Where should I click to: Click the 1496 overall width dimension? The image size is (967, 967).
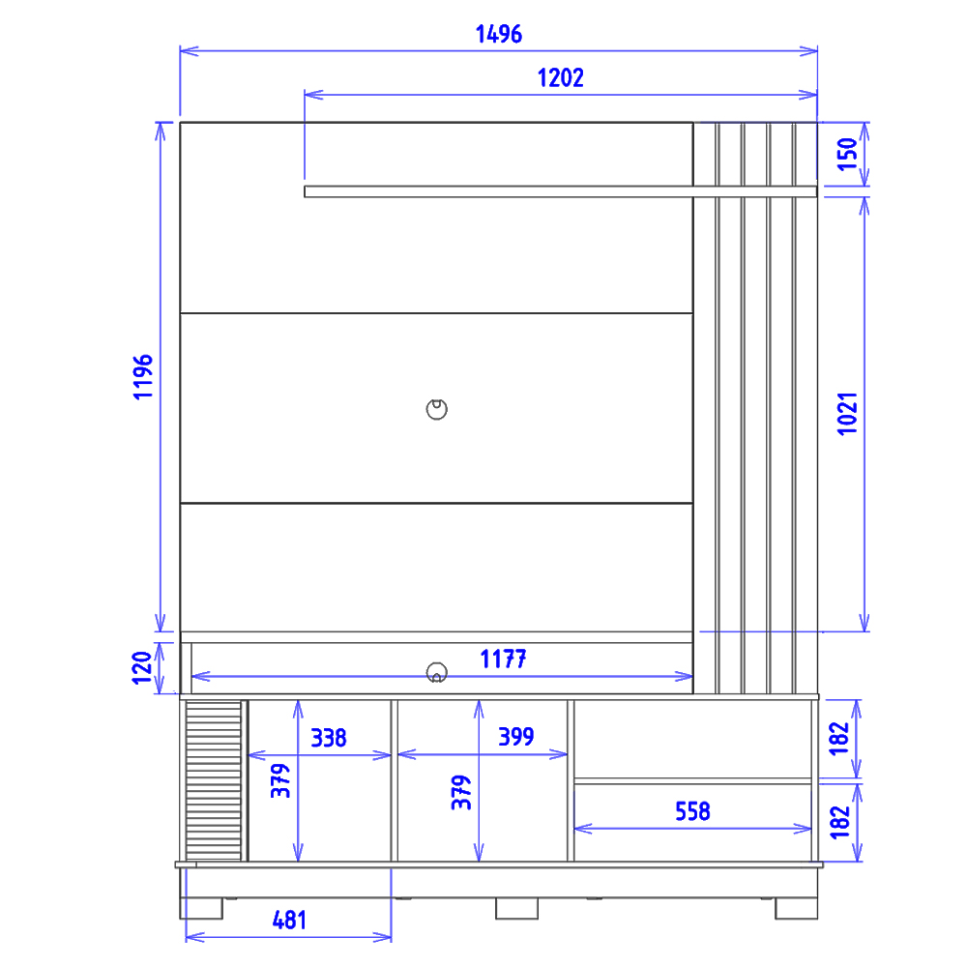coord(498,34)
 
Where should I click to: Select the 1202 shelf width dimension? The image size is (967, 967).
coord(560,77)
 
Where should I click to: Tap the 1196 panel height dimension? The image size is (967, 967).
coord(143,377)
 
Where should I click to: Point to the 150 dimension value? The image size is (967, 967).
coord(847,154)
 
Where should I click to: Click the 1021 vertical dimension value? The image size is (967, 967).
coord(847,414)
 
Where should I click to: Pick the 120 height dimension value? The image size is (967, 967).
coord(142,668)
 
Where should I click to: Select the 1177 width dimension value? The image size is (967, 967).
coord(503,659)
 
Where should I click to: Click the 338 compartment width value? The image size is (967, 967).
coord(329,738)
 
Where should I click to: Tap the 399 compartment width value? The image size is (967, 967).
coord(516,736)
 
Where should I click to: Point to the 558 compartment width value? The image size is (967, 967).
coord(692,811)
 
